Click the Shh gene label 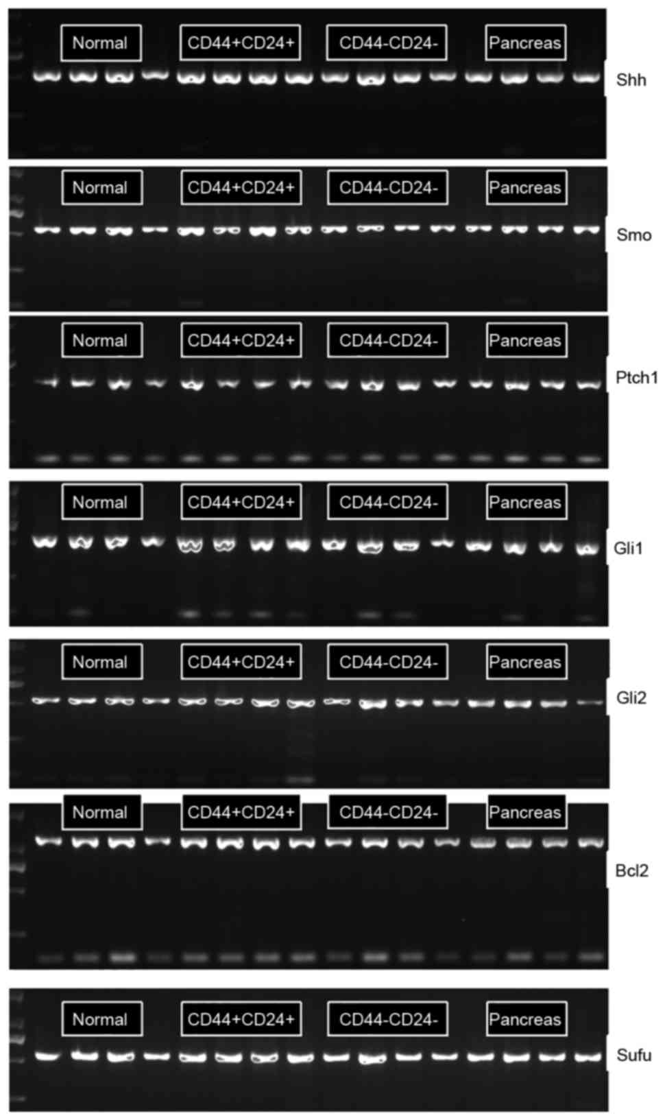click(631, 80)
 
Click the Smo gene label click(633, 235)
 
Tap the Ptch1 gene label click(636, 377)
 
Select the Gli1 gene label click(628, 548)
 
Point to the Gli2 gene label click(631, 698)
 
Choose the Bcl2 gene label click(631, 871)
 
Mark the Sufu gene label click(633, 1055)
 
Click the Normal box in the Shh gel click(101, 43)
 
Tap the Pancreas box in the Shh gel click(525, 43)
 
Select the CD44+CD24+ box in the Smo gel click(241, 188)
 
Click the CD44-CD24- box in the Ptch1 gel click(387, 341)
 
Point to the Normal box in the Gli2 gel click(101, 662)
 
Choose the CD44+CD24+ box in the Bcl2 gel click(241, 813)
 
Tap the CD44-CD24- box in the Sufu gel click(387, 1019)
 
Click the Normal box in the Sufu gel click(101, 1019)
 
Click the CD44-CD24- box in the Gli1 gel click(387, 502)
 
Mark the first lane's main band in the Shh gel click(47, 76)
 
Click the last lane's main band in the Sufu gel click(588, 1057)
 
